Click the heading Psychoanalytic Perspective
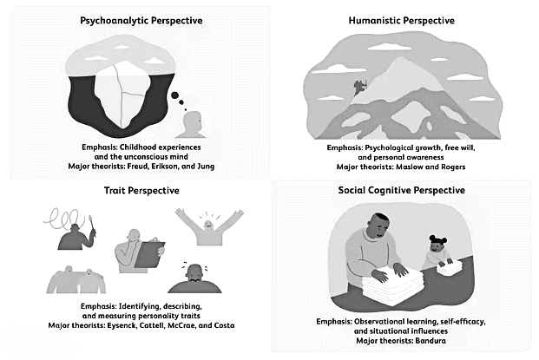pyautogui.click(x=141, y=21)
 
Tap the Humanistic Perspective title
pyautogui.click(x=402, y=21)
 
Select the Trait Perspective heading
pyautogui.click(x=141, y=190)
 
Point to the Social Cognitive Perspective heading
pyautogui.click(x=402, y=190)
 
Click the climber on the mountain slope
pyautogui.click(x=360, y=88)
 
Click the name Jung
pyautogui.click(x=206, y=167)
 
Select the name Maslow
pyautogui.click(x=410, y=167)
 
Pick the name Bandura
pyautogui.click(x=431, y=341)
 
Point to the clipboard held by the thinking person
pyautogui.click(x=149, y=253)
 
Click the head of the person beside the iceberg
pyautogui.click(x=192, y=121)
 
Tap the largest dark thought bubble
pyautogui.click(x=175, y=95)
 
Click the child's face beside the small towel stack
pyautogui.click(x=437, y=245)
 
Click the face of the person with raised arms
pyautogui.click(x=208, y=225)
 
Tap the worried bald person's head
pyautogui.click(x=195, y=273)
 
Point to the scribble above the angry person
pyautogui.click(x=64, y=219)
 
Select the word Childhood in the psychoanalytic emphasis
pyautogui.click(x=137, y=147)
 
